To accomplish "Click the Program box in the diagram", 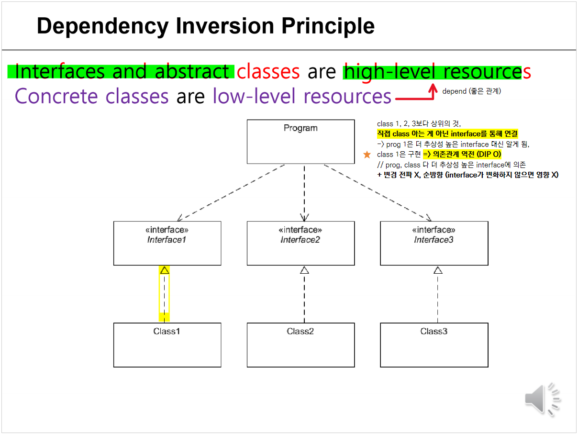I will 300,142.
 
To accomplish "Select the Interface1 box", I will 167,243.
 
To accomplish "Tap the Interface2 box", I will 300,243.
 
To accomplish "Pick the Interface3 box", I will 434,243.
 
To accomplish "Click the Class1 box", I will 167,345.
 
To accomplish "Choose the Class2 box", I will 300,345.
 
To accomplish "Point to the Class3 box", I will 434,345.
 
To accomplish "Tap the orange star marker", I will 367,155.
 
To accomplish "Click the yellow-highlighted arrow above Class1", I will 164,293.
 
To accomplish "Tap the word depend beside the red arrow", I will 454,91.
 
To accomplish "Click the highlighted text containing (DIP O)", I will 462,155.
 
